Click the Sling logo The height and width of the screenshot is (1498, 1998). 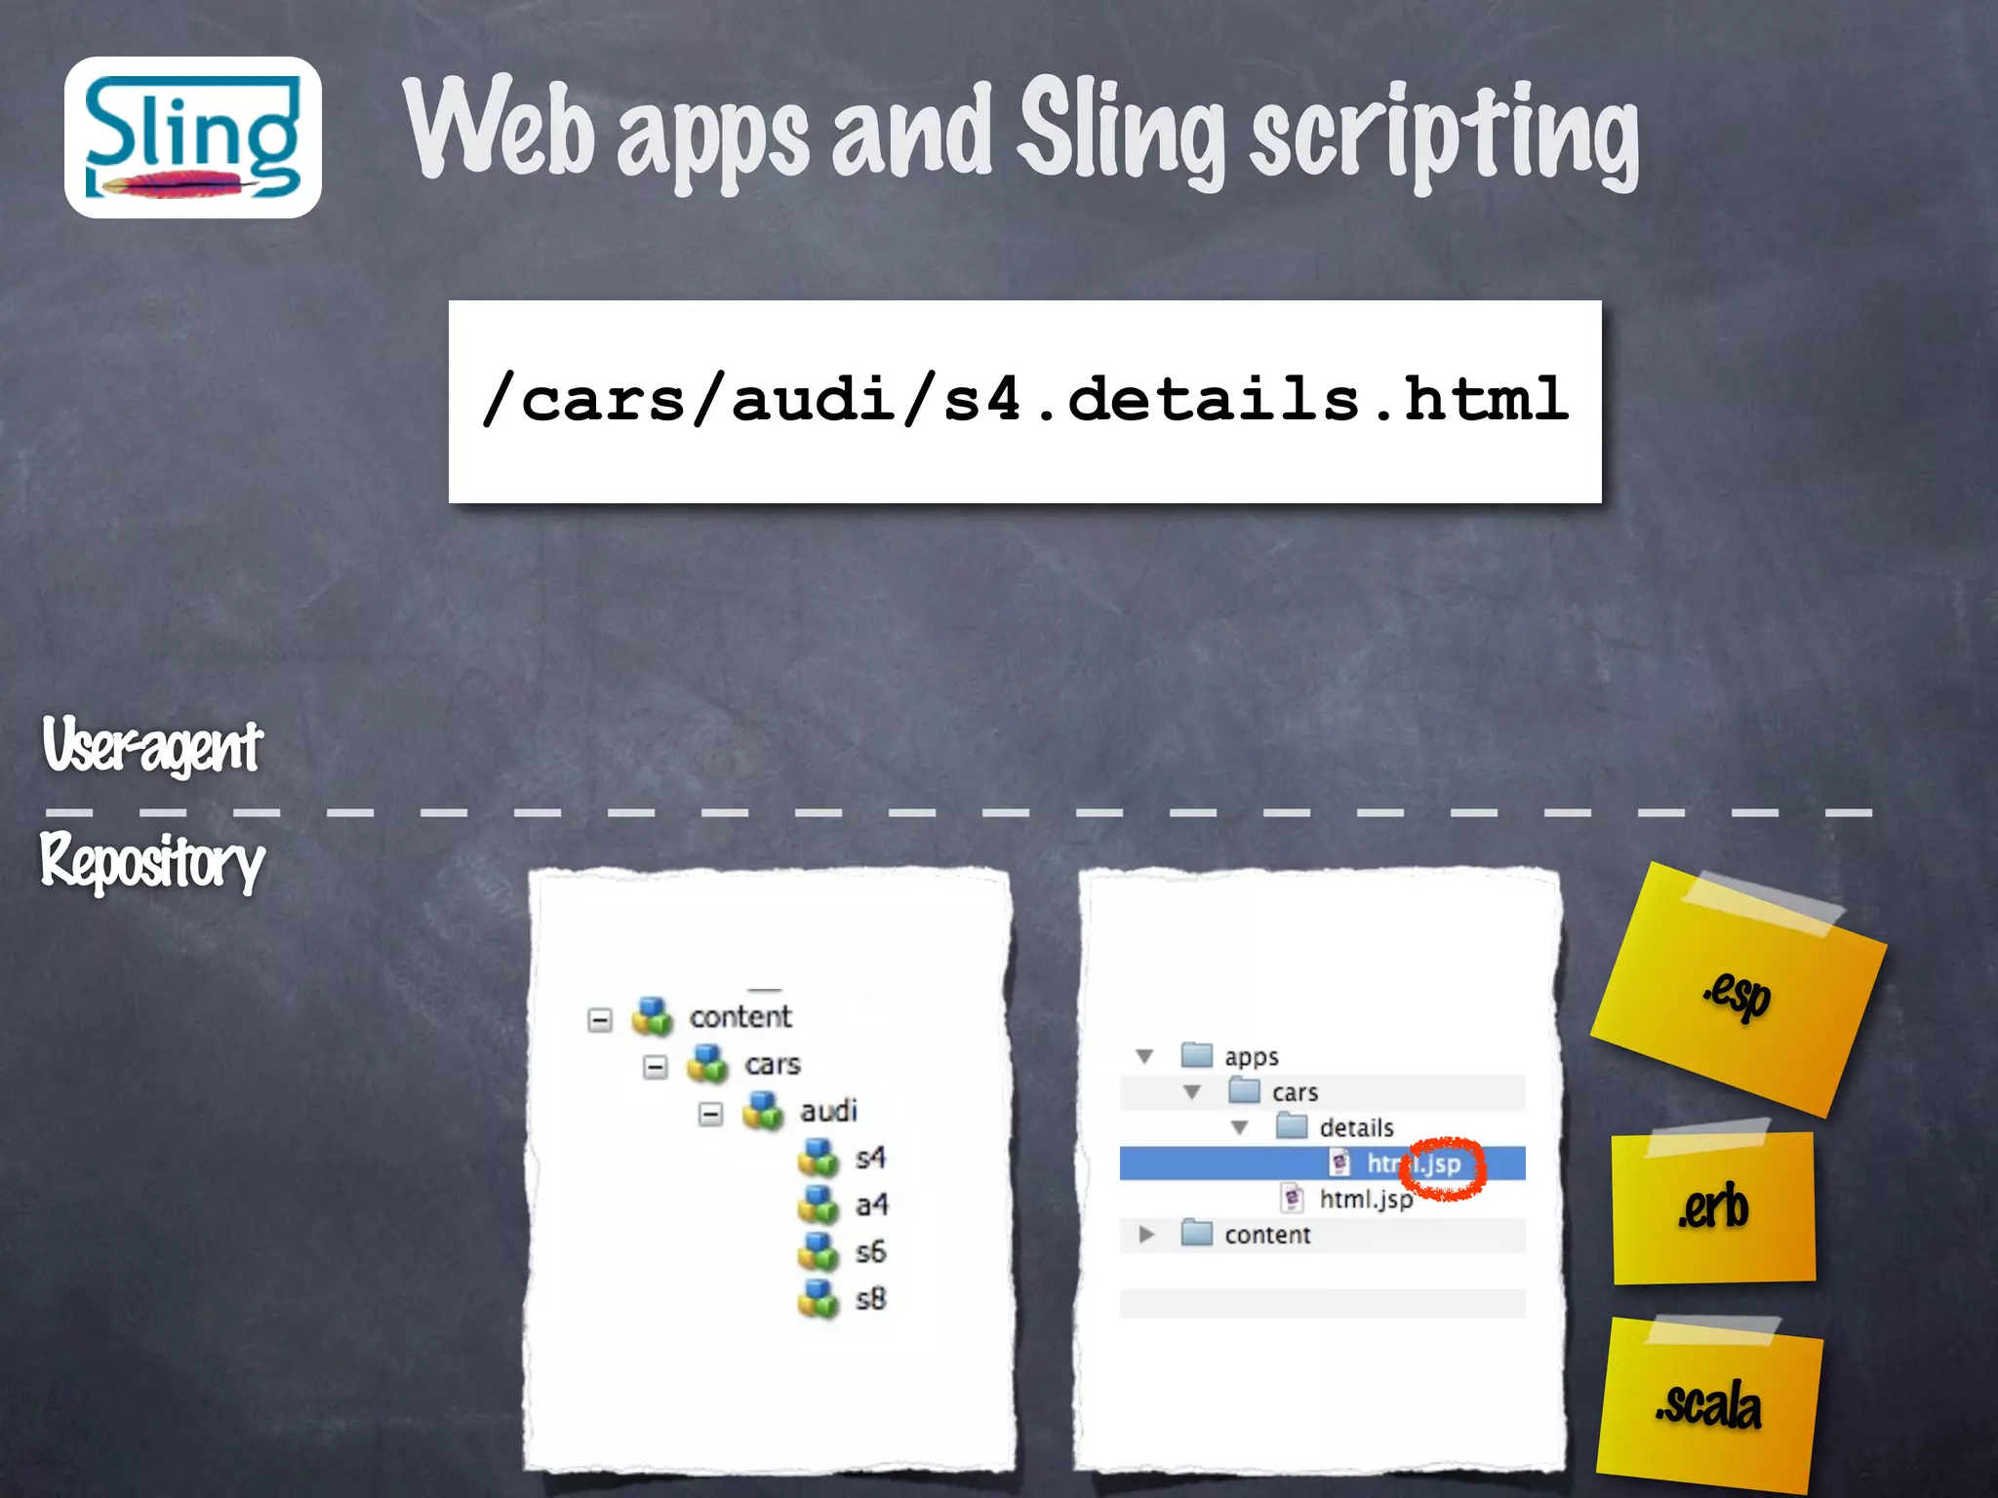pyautogui.click(x=193, y=138)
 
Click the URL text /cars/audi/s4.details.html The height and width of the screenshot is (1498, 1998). pyautogui.click(x=1024, y=400)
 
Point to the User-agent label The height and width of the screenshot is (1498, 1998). pyautogui.click(x=152, y=746)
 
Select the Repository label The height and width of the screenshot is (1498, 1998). pyautogui.click(x=152, y=862)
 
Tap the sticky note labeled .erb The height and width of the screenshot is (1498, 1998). pyautogui.click(x=1714, y=1208)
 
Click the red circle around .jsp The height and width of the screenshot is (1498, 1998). pyautogui.click(x=1446, y=1166)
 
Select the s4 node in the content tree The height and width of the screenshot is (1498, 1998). pyautogui.click(x=869, y=1158)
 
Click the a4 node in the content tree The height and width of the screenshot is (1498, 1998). pyautogui.click(x=871, y=1205)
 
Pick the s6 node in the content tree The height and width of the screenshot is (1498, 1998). pyautogui.click(x=870, y=1251)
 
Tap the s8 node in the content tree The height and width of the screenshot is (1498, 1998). pyautogui.click(x=870, y=1298)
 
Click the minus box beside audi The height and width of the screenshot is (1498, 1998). pyautogui.click(x=711, y=1114)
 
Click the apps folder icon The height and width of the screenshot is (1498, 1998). pyautogui.click(x=1197, y=1055)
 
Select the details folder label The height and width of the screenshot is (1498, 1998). pyautogui.click(x=1356, y=1128)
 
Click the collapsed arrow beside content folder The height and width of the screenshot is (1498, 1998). pyautogui.click(x=1146, y=1235)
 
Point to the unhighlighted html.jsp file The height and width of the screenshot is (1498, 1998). pyautogui.click(x=1365, y=1200)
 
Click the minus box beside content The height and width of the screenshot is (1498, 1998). pyautogui.click(x=600, y=1020)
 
